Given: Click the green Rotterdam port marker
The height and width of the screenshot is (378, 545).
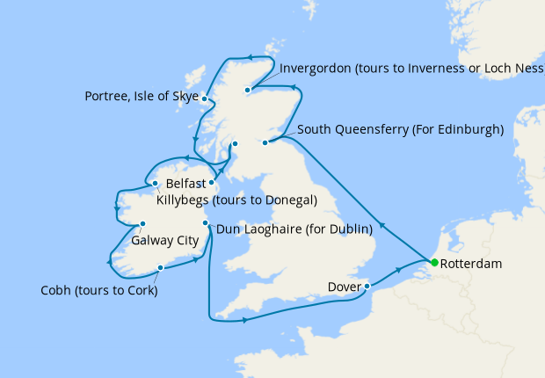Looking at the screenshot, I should pyautogui.click(x=434, y=263).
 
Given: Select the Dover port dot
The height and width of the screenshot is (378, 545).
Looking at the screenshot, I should pyautogui.click(x=367, y=286).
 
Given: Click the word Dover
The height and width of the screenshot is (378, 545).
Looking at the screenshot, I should pyautogui.click(x=344, y=287).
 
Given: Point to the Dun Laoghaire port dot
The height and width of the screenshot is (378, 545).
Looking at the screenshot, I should pyautogui.click(x=205, y=223).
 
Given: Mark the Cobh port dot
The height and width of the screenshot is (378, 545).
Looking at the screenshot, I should pyautogui.click(x=160, y=268).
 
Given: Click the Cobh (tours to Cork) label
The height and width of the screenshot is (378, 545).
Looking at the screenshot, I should pyautogui.click(x=99, y=291).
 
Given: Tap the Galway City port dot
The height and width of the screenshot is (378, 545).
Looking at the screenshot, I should pyautogui.click(x=142, y=223).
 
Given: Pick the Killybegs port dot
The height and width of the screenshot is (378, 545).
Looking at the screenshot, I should pyautogui.click(x=155, y=184).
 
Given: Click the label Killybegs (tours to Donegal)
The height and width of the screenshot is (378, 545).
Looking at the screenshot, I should pyautogui.click(x=236, y=200).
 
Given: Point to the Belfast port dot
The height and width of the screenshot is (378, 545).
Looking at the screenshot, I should pyautogui.click(x=212, y=183).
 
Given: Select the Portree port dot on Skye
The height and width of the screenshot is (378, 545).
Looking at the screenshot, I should pyautogui.click(x=204, y=98).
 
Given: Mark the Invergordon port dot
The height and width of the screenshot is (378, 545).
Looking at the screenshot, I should pyautogui.click(x=248, y=89).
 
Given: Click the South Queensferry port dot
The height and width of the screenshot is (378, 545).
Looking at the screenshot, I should pyautogui.click(x=267, y=141).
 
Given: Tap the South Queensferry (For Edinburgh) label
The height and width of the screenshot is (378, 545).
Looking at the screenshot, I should pyautogui.click(x=400, y=130).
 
